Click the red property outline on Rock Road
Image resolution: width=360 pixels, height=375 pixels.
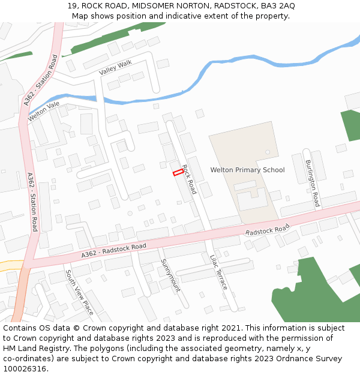[178, 173]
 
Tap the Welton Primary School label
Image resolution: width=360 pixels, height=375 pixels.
[247, 170]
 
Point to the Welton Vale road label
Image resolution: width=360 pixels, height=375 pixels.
[44, 111]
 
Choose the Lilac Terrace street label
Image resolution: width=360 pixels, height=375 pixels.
[218, 272]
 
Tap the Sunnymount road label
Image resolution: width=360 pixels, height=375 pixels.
[170, 275]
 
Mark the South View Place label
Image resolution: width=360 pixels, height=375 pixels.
[79, 292]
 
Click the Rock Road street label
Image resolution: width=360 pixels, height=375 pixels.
[189, 179]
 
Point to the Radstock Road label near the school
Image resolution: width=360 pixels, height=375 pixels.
[267, 230]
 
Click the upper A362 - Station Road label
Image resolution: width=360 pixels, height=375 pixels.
[41, 81]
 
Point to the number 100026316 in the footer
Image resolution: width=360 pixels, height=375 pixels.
[25, 368]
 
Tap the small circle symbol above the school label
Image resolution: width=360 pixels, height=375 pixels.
[268, 152]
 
